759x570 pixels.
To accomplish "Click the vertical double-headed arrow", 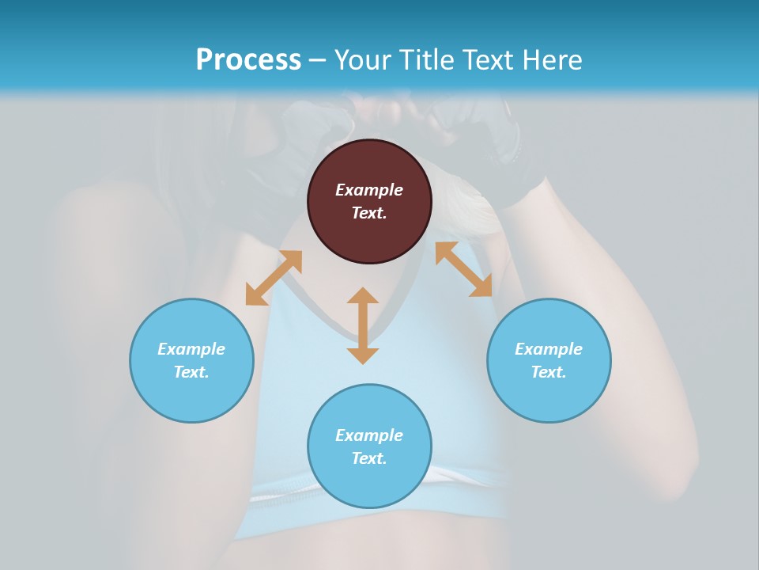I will pos(363,325).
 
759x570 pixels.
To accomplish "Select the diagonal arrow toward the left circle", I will pos(274,278).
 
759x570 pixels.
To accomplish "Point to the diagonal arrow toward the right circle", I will pos(463,269).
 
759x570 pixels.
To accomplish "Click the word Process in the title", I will pos(248,60).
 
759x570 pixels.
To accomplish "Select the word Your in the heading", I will pos(364,60).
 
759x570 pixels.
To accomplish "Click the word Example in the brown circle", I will pos(369,190).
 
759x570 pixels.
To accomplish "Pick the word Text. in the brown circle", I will pos(369,213).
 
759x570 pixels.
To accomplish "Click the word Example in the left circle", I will pos(191,349).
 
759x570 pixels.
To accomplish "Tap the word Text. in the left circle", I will pos(191,372).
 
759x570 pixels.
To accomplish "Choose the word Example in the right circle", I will pos(549,349).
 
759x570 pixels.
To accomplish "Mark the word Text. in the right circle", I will pos(549,372).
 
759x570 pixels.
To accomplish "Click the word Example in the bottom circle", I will pos(369,435).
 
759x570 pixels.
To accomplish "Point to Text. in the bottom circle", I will pos(369,458).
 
